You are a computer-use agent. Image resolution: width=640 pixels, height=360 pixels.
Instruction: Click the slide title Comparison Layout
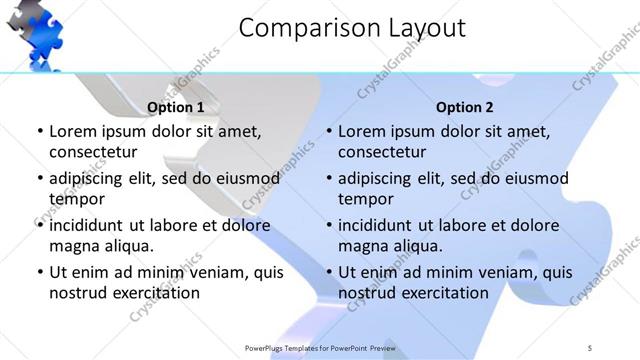(352, 28)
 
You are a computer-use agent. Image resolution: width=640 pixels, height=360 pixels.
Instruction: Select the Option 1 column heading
(175, 107)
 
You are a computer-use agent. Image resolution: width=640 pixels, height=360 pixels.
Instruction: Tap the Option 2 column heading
(465, 107)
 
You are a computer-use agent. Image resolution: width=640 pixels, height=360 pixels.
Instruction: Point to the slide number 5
(590, 347)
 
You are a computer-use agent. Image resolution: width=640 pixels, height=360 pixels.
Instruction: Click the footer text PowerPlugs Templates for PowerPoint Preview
(319, 347)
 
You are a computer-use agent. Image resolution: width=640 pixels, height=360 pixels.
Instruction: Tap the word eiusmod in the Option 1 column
(246, 178)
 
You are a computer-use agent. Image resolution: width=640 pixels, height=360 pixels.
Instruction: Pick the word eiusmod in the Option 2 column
(535, 178)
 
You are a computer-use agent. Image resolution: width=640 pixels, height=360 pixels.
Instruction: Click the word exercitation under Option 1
(153, 293)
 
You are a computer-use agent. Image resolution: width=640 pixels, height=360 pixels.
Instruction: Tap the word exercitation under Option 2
(443, 293)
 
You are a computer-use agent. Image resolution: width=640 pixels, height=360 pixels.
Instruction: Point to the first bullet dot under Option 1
(39, 131)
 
